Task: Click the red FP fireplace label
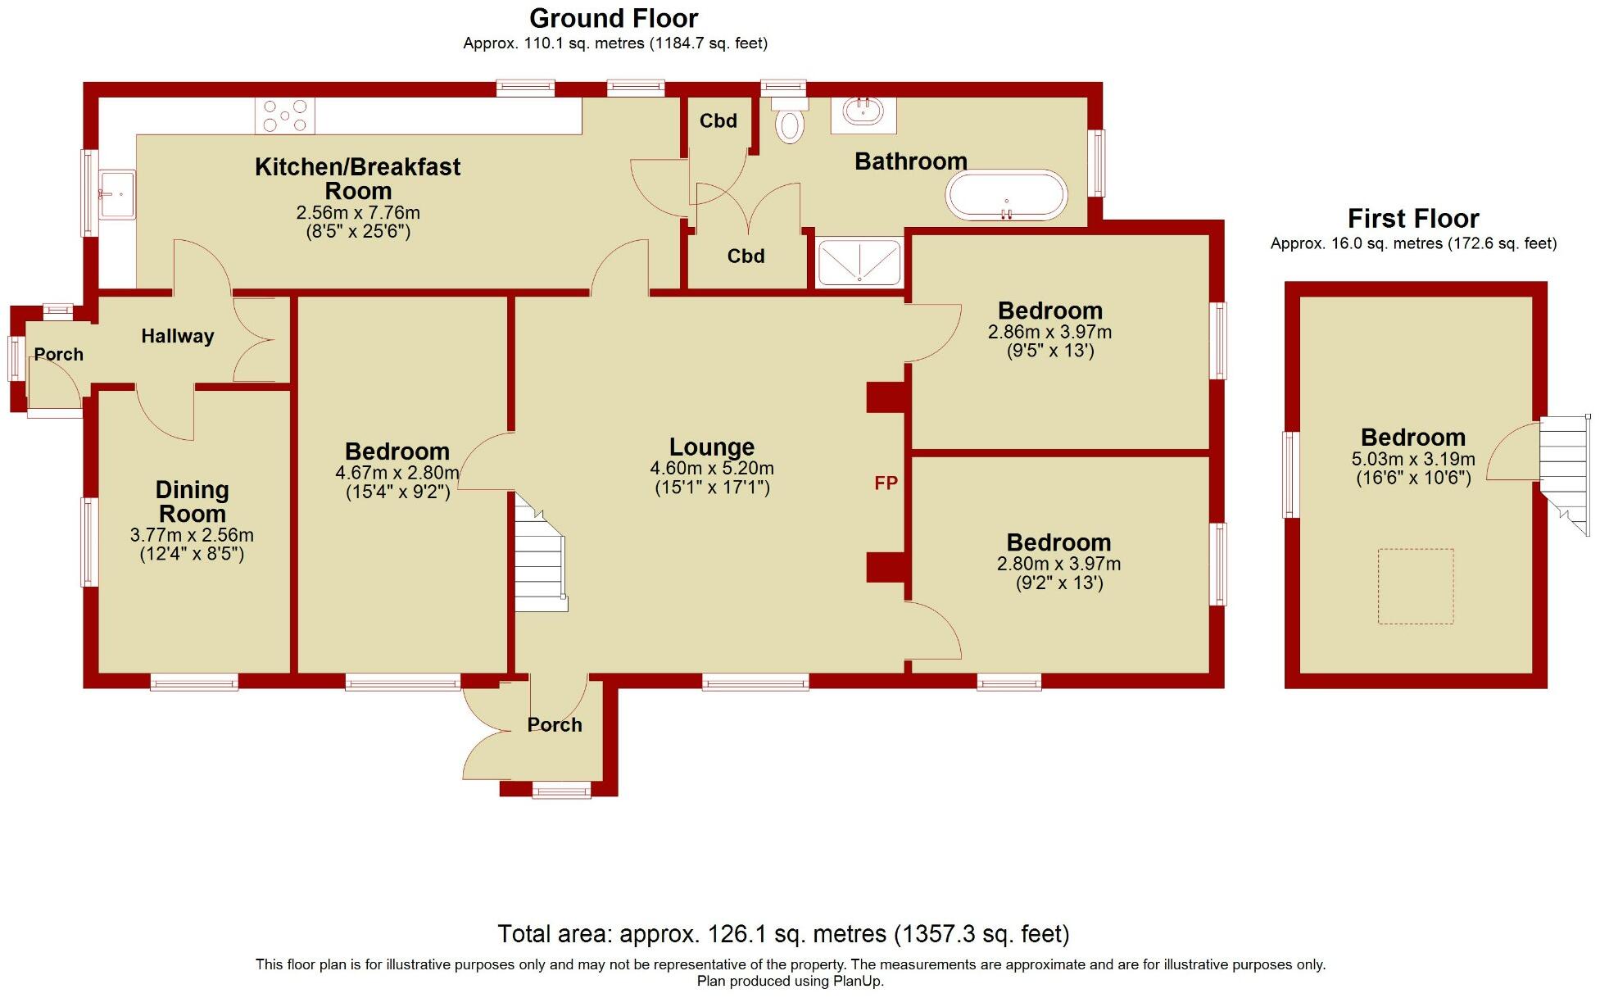click(x=886, y=483)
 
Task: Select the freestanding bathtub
click(x=1006, y=196)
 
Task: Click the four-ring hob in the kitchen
click(x=284, y=116)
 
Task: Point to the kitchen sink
click(x=116, y=195)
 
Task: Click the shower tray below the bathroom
click(x=859, y=262)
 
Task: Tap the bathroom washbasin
click(x=863, y=113)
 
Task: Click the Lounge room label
click(x=711, y=447)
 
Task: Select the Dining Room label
click(x=192, y=501)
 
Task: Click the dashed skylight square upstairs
click(x=1415, y=587)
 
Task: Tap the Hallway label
click(x=177, y=336)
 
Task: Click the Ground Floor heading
click(x=614, y=18)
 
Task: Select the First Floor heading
click(x=1412, y=219)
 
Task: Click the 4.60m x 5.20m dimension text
click(x=711, y=469)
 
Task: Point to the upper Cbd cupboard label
click(x=718, y=121)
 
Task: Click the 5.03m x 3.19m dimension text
click(x=1412, y=460)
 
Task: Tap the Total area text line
click(x=783, y=934)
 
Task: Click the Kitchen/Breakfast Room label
click(x=357, y=179)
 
